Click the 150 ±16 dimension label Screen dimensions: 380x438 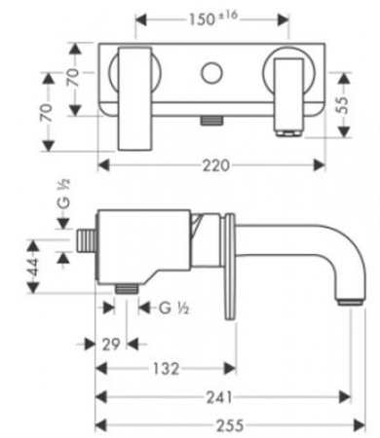point(213,18)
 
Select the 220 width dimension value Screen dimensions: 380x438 point(216,165)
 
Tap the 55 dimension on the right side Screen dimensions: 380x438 point(343,105)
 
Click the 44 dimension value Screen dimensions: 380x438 point(33,266)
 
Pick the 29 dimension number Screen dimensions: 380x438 point(111,345)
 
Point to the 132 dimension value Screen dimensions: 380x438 point(166,369)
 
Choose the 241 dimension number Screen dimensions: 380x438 point(219,397)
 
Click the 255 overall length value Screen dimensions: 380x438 point(230,425)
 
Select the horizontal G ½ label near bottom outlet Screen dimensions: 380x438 point(173,308)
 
